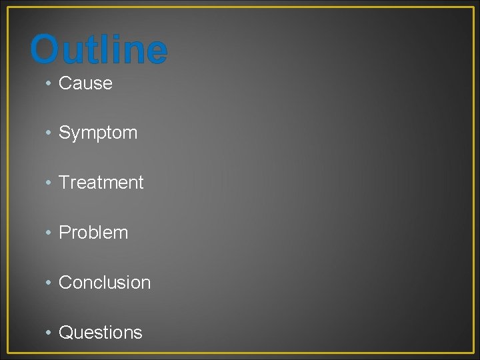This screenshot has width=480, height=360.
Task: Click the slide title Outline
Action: (99, 50)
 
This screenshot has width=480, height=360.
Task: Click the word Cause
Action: (85, 83)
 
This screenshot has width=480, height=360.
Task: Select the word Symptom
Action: (98, 133)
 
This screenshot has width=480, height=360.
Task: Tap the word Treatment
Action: (101, 183)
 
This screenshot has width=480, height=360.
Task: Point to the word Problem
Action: (93, 233)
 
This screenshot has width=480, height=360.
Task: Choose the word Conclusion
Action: (105, 283)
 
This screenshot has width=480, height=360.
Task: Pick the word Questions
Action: (101, 332)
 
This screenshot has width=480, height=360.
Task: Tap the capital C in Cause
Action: (65, 83)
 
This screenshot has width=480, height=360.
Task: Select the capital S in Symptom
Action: (65, 133)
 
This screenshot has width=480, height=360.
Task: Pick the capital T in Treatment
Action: (65, 183)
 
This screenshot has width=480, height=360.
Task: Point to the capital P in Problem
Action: (65, 233)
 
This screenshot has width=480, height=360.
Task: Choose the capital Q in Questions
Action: (66, 332)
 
